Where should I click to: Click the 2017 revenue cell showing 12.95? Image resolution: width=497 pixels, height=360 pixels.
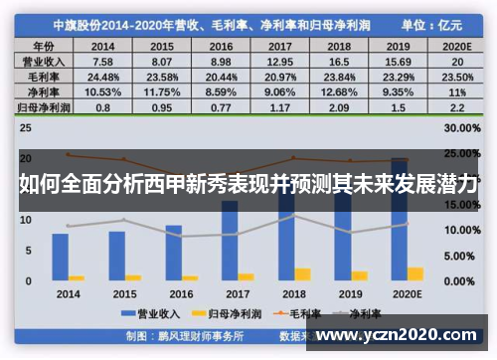point(281,62)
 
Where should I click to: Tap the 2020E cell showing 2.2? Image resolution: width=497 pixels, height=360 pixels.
point(454,106)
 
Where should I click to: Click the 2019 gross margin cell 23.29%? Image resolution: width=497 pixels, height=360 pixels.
point(398,77)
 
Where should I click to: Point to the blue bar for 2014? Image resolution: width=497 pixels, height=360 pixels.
point(62,257)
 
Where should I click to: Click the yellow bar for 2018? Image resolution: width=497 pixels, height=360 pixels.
point(302,274)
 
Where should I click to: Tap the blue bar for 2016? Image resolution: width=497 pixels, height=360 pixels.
point(174,253)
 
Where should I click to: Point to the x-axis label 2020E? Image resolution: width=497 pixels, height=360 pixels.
point(406,295)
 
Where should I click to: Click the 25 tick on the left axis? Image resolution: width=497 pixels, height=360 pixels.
point(27,128)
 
